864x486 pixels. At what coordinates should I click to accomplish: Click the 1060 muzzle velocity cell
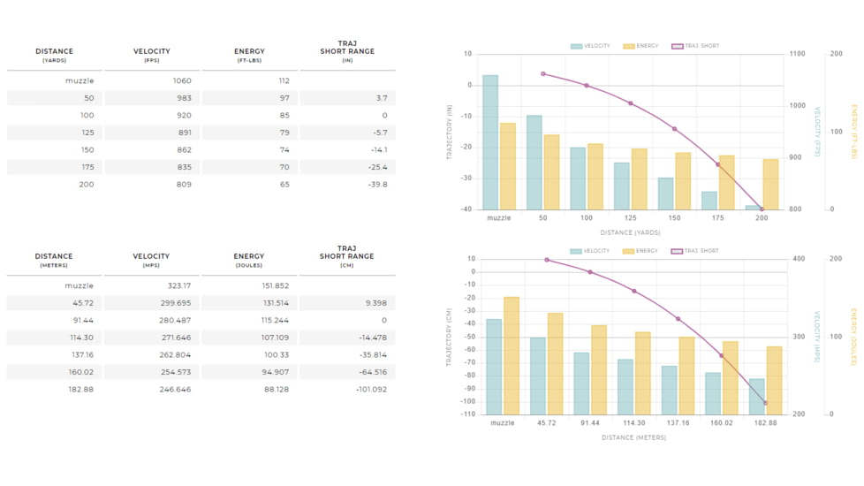point(182,80)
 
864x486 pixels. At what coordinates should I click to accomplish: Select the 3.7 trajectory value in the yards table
point(382,98)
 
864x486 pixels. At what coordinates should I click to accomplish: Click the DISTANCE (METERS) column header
point(54,260)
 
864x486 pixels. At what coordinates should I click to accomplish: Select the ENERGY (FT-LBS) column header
point(249,55)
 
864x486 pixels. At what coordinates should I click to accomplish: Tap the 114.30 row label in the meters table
point(80,338)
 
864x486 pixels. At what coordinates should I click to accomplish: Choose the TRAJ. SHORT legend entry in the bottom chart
point(695,251)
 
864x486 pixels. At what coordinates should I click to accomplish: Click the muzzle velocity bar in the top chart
point(490,142)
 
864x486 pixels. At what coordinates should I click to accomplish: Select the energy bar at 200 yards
point(770,184)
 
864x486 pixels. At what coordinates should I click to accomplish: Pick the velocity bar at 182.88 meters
point(756,396)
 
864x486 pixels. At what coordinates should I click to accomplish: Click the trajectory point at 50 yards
point(542,74)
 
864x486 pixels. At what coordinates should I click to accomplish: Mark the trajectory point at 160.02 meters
point(721,356)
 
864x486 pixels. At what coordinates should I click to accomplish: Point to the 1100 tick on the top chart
point(798,54)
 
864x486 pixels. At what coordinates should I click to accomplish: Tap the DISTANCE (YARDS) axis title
point(631,232)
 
